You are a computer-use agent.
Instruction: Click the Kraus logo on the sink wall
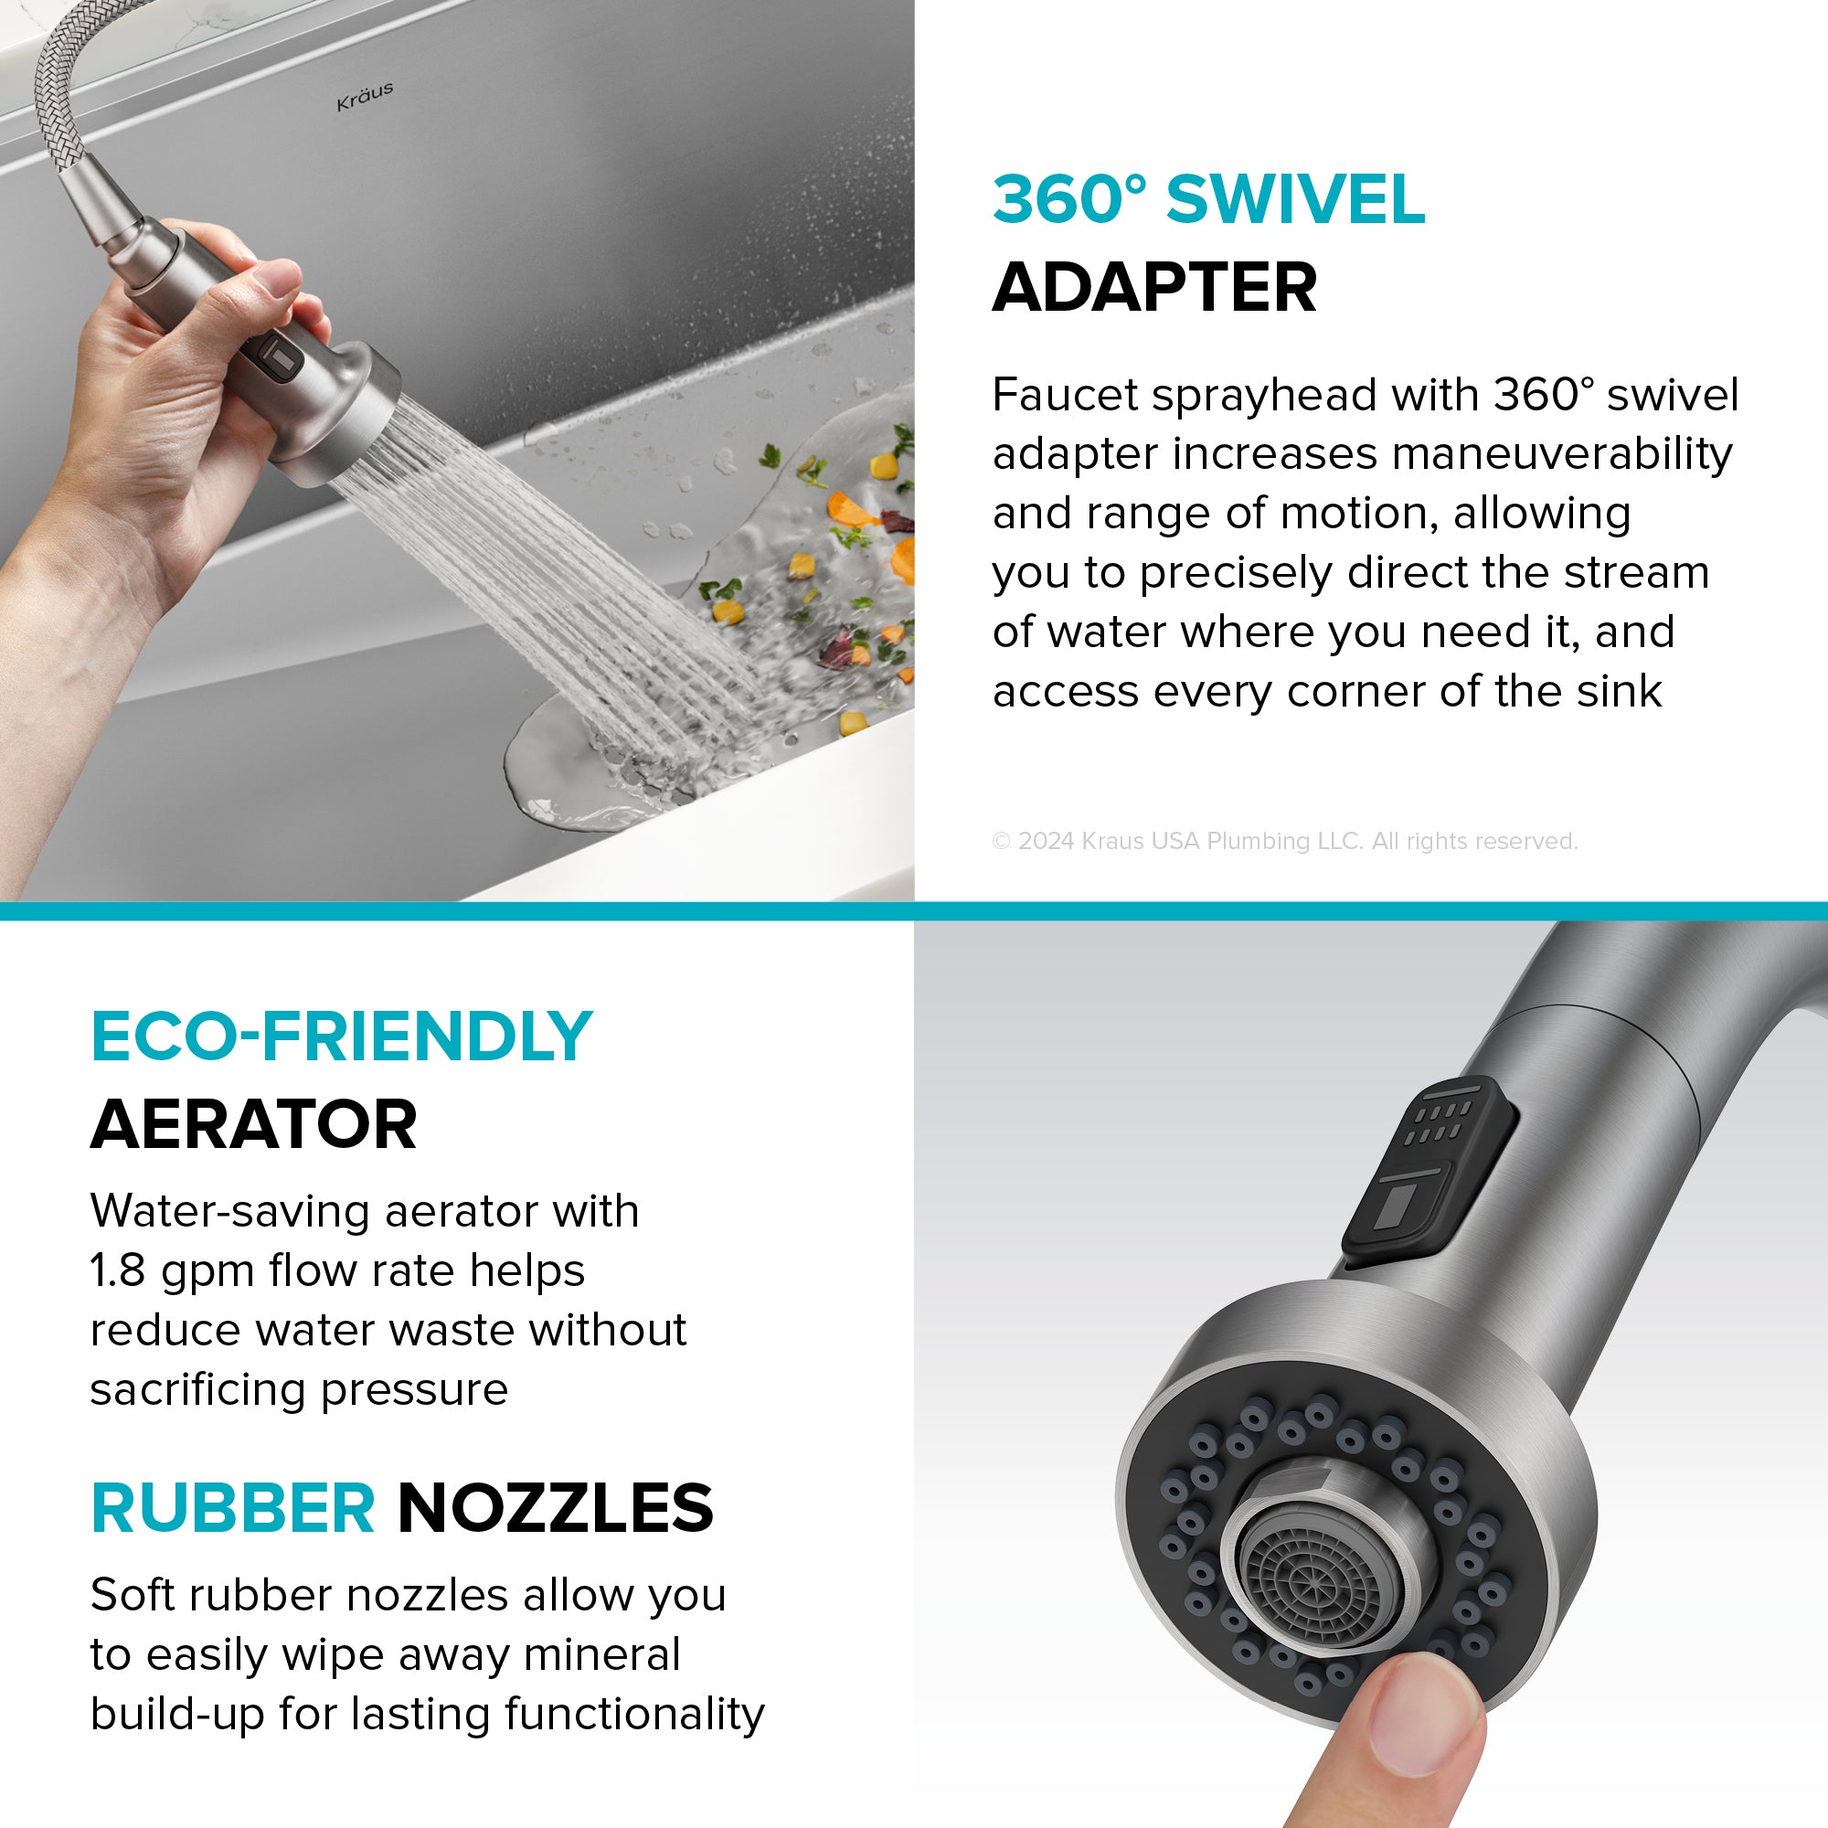365,96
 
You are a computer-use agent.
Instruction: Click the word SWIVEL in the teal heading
1295,199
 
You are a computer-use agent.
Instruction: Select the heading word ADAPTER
1154,287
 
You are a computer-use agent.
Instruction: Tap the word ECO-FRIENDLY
342,1037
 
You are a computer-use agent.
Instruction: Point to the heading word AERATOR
253,1124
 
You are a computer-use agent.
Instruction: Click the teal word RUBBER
233,1508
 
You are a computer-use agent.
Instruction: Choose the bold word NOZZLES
556,1508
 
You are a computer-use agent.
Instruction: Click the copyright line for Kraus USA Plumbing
1285,841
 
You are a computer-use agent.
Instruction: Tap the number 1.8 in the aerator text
118,1271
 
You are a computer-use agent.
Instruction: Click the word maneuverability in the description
1561,454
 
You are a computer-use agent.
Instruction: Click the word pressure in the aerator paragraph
414,1391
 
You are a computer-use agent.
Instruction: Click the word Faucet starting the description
1065,395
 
